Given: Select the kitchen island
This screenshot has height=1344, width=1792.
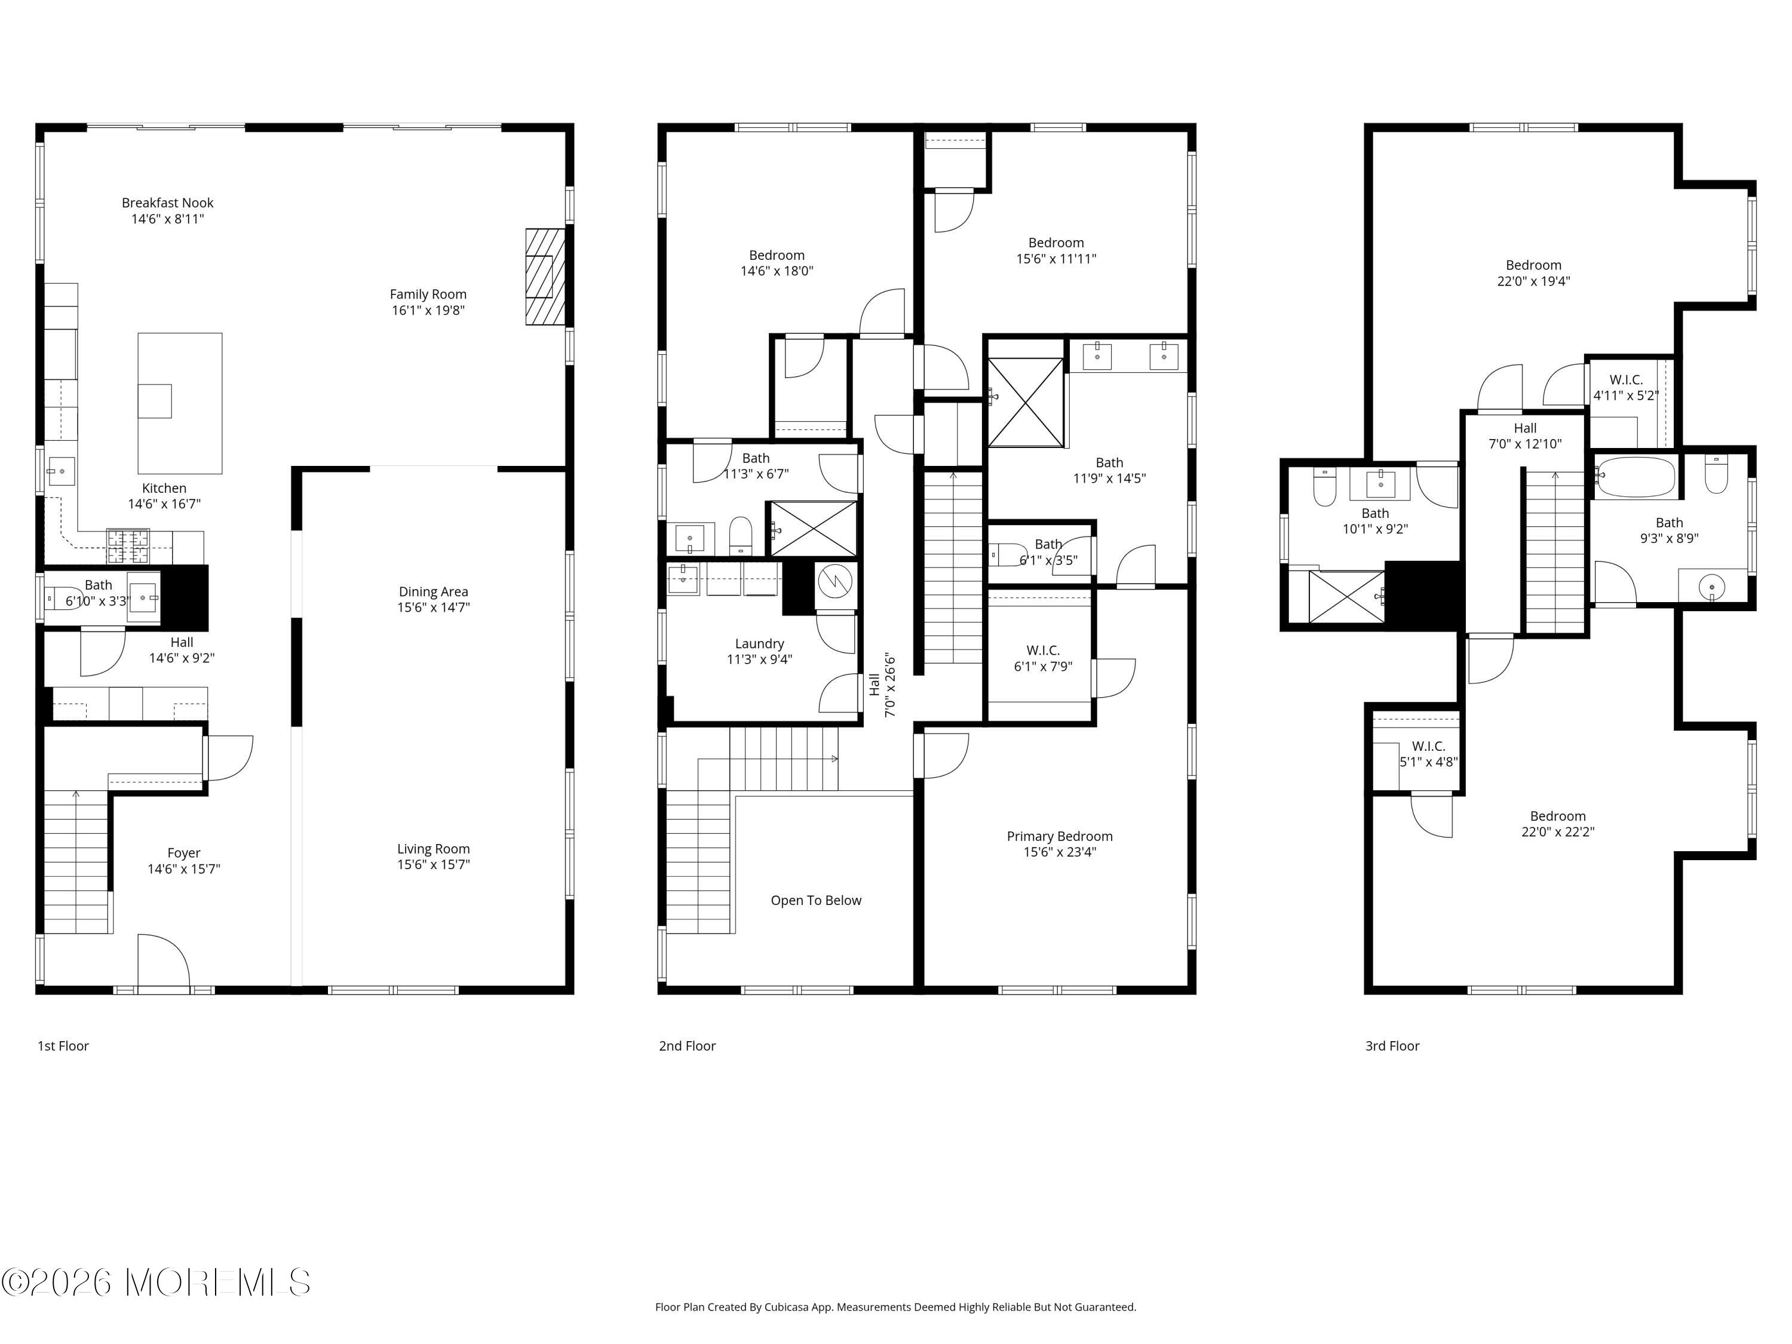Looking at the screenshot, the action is (x=180, y=403).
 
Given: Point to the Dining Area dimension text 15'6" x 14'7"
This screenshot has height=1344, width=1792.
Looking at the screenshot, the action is (x=434, y=607).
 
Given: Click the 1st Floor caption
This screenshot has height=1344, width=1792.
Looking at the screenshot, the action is (x=63, y=1046).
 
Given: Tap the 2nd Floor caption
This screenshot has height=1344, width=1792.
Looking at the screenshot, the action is (x=687, y=1046).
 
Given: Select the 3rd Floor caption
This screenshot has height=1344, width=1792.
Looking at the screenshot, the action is (x=1392, y=1046).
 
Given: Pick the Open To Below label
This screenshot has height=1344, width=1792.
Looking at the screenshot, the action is (x=816, y=900).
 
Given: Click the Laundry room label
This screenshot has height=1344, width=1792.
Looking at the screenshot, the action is (x=759, y=643).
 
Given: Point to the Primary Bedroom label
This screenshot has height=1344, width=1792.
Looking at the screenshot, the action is (x=1060, y=836).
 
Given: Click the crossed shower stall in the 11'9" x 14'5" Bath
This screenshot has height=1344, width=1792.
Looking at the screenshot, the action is (x=1026, y=402).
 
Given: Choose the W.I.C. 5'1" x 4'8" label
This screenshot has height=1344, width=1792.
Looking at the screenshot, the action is (x=1428, y=753).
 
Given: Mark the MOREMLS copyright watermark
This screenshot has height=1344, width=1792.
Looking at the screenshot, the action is (x=155, y=1282).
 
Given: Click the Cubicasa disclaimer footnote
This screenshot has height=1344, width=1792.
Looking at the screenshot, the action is (x=895, y=1307).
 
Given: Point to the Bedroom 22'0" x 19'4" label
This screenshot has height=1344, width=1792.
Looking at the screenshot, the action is (x=1533, y=273).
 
